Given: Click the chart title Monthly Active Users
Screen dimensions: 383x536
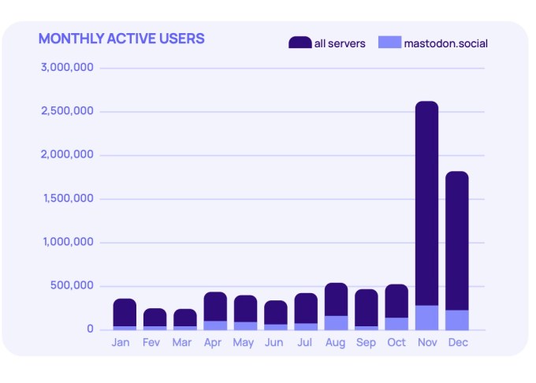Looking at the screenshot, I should [x=121, y=39].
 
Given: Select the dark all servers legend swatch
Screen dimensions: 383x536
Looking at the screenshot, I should [x=300, y=43].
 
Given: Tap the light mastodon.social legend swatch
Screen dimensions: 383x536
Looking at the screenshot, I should [x=389, y=43].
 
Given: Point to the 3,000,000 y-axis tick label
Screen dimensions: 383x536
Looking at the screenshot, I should [x=67, y=68].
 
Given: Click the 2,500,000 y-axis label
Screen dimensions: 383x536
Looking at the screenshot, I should [x=67, y=111].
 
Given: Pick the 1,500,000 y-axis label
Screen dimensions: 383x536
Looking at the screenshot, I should [x=67, y=199].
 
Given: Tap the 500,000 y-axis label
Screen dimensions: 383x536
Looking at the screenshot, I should [x=72, y=285].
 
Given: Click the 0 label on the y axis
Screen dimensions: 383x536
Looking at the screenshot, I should [x=90, y=329].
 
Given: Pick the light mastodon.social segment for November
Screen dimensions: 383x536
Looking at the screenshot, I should [x=426, y=318].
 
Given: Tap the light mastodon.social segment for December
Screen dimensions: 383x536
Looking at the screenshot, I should [x=456, y=320].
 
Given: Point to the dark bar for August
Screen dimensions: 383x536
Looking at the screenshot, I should [x=336, y=299].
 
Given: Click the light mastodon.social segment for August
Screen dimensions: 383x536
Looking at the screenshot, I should [x=336, y=323].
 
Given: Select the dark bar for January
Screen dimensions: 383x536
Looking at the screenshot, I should [x=125, y=312].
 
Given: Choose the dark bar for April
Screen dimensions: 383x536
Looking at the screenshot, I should [x=215, y=307].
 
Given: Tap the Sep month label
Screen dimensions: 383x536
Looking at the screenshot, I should [x=366, y=343].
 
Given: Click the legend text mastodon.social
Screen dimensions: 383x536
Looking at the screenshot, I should [x=445, y=43].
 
